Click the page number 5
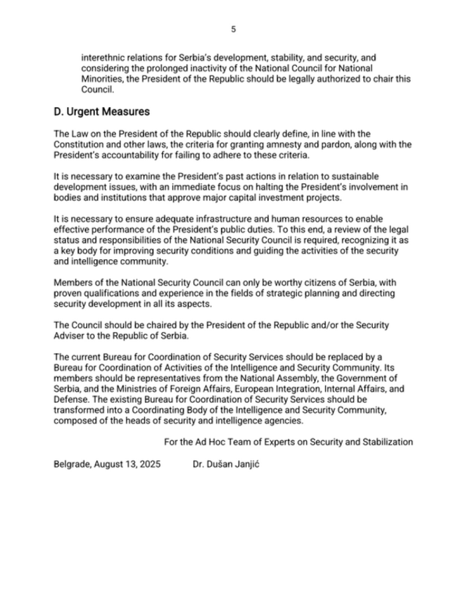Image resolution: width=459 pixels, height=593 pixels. pos(234,29)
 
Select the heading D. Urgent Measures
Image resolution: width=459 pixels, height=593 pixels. pos(101,111)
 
